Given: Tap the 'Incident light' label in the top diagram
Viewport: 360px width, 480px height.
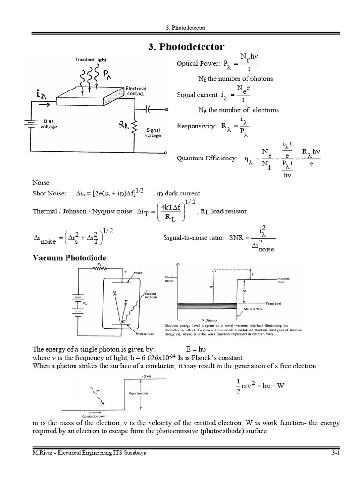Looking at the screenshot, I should tap(91, 60).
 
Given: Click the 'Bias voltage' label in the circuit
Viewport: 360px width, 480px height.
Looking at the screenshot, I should tap(49, 124).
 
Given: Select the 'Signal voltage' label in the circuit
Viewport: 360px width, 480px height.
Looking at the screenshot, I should tap(153, 133).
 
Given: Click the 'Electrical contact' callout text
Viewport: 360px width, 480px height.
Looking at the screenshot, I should tap(136, 91).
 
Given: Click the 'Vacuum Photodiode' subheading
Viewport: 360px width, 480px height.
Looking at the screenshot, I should tap(69, 258).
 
